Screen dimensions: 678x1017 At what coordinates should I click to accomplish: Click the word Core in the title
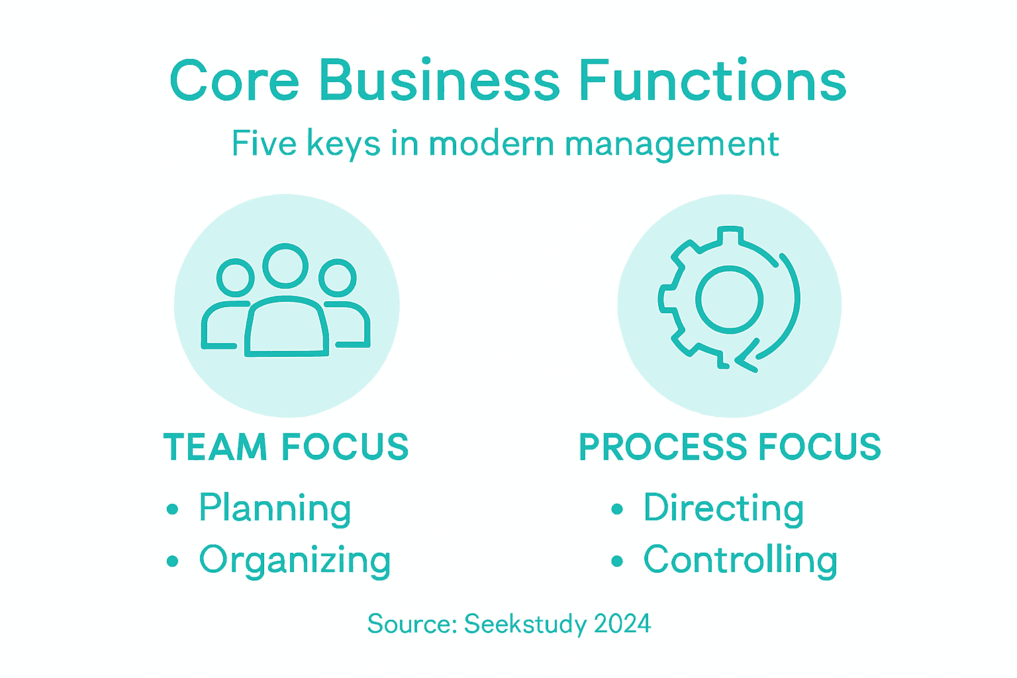tap(234, 81)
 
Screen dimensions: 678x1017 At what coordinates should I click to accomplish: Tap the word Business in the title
tap(440, 81)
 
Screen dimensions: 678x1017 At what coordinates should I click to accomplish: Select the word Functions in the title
tap(712, 81)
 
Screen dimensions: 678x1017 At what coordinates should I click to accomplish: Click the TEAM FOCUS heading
tap(286, 447)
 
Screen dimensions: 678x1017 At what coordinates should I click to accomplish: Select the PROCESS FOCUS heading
tap(730, 447)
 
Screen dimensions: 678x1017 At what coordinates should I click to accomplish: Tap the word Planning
tap(275, 509)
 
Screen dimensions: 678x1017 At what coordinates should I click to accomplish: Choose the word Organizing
tap(295, 561)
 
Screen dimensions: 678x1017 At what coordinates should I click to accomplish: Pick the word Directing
tap(724, 509)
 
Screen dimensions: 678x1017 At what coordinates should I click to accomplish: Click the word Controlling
tap(740, 561)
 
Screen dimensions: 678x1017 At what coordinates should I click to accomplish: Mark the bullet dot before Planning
tap(173, 509)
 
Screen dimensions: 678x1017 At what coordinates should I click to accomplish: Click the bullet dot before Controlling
tap(617, 561)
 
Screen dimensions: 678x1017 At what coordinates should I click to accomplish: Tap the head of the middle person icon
tap(285, 266)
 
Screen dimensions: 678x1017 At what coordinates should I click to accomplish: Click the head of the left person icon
tap(236, 277)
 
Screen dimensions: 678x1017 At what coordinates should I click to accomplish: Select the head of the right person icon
tap(338, 277)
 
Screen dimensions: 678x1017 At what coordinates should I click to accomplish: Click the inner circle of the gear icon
tap(729, 299)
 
